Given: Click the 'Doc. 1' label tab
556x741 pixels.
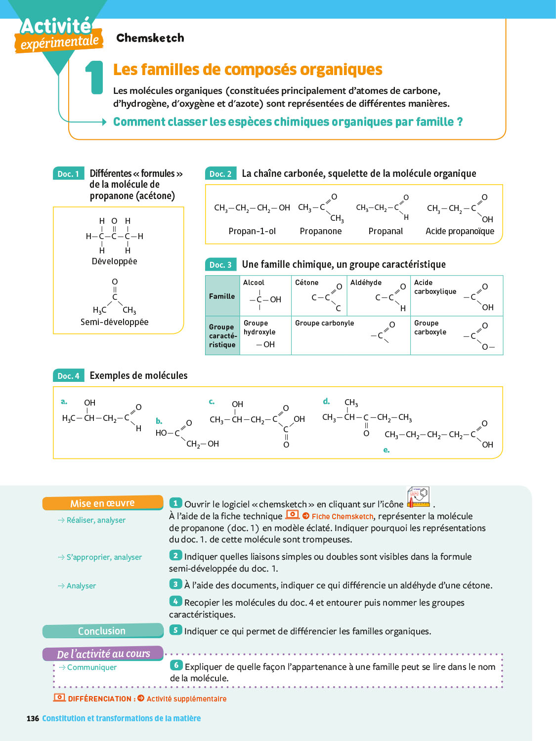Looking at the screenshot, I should tap(68, 174).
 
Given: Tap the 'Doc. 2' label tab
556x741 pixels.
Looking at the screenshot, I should tap(220, 174).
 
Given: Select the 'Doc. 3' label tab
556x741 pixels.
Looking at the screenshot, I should tap(220, 265).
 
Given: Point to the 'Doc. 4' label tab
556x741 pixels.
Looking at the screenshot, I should tap(68, 376).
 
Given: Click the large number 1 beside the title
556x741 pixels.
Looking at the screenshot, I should tap(94, 78).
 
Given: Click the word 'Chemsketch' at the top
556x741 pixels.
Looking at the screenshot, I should tap(150, 38).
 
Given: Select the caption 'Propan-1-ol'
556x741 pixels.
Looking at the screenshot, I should tap(252, 231).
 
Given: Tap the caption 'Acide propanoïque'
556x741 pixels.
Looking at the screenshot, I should tap(460, 231).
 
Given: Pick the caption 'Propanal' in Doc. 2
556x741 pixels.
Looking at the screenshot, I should tap(385, 231).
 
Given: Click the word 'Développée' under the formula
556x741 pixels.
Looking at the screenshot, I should tap(114, 261).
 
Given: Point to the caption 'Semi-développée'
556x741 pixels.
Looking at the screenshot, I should tap(114, 322).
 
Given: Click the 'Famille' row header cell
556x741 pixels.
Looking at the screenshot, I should tap(222, 296).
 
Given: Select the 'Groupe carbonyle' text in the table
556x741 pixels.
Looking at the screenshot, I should tap(324, 323).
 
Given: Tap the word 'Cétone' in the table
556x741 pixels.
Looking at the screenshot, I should tap(306, 283).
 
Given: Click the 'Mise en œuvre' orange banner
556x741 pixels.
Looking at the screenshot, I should tap(102, 503).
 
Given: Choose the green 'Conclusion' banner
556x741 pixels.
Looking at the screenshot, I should tap(102, 631).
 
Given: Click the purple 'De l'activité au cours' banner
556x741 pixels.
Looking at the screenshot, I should tap(103, 654).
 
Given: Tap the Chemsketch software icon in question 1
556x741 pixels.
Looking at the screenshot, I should tap(418, 497).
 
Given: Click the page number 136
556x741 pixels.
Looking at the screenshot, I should tap(33, 718).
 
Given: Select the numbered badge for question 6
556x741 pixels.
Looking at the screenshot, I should tap(176, 665).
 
